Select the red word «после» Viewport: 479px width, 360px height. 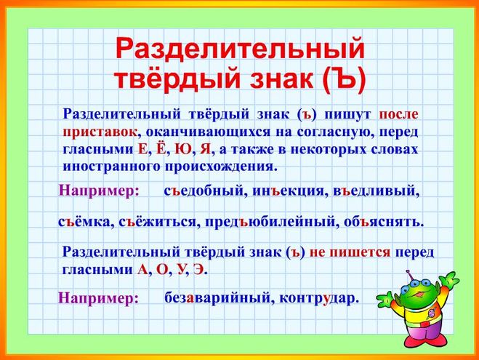coord(398,114)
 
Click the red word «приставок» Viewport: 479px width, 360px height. coord(100,132)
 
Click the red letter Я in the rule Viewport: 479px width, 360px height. coord(205,149)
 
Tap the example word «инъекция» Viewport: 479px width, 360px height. coord(288,191)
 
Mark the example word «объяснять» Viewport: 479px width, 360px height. coord(384,222)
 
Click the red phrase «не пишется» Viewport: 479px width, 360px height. coord(350,252)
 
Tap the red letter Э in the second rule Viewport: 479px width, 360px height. coord(198,270)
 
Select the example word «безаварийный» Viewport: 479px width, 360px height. coord(218,297)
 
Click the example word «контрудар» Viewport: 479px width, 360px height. coord(318,298)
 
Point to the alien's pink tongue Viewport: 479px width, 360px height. coord(424,294)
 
